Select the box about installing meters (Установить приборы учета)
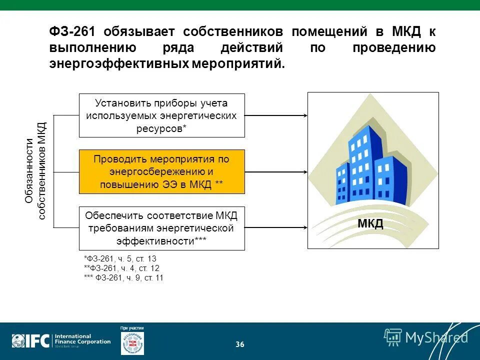(162, 115)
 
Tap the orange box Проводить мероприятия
(162, 171)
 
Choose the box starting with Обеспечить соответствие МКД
(162, 228)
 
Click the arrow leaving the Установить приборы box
(275, 115)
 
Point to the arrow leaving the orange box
(275, 171)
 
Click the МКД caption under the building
(370, 223)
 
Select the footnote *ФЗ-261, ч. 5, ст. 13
(120, 258)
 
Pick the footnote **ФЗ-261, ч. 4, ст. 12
(121, 268)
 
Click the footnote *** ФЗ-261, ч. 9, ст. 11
(123, 277)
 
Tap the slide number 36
(240, 344)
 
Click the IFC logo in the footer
(31, 341)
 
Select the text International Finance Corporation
(82, 339)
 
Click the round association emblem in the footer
(132, 343)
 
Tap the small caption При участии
(132, 328)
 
